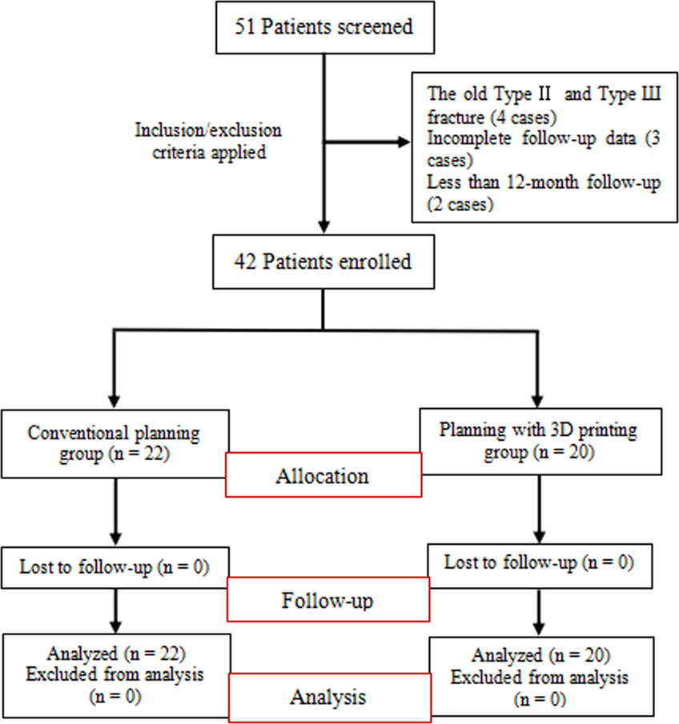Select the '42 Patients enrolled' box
323,261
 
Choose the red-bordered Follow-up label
323,600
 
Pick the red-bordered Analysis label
323,698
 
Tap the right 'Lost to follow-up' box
539,563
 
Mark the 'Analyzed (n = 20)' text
540,656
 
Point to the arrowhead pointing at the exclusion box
397,143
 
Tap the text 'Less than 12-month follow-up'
544,183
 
